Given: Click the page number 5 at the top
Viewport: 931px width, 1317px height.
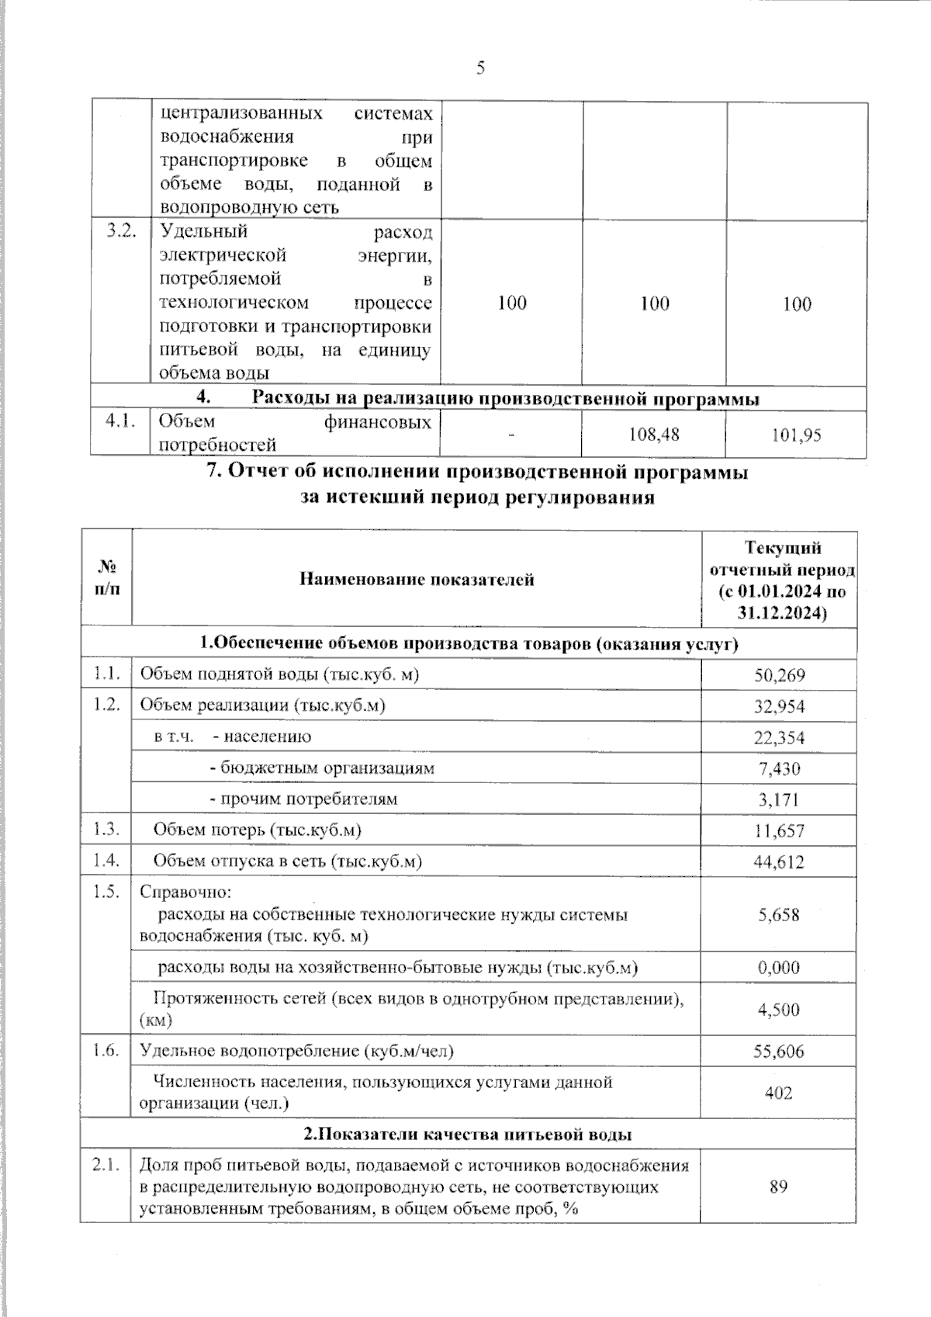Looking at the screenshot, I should point(480,68).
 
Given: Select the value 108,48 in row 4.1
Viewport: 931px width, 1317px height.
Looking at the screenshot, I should point(655,435).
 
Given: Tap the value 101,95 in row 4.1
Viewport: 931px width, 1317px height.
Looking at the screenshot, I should point(796,435).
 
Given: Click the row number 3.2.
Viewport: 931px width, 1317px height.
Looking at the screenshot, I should point(121,231).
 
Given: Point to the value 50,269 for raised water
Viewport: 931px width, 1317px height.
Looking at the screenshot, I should point(779,675).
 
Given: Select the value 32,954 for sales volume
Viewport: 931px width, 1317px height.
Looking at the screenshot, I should point(779,706).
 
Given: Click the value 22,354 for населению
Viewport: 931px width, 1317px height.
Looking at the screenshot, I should point(779,737).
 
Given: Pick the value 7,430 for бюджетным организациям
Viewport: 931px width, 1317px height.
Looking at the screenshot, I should point(779,768).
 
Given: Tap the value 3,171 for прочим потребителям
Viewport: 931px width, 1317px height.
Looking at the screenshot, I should point(779,799).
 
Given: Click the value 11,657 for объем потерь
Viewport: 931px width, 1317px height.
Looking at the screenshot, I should point(779,831).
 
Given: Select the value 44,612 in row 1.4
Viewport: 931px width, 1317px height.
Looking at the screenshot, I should point(779,862).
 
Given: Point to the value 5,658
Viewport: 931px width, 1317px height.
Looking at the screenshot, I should point(779,915).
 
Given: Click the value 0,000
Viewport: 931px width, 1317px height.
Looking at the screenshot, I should point(779,968).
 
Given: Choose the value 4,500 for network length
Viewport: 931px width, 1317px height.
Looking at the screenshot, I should point(779,1010).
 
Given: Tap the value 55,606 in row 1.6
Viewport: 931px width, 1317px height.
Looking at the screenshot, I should point(779,1052).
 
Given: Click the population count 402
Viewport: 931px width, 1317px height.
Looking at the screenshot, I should point(779,1093).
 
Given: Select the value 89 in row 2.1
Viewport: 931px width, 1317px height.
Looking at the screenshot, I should point(779,1187).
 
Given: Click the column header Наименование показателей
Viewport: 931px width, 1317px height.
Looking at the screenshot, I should point(417,579).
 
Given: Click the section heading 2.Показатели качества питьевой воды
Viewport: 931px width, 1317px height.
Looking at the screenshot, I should point(468,1135).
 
